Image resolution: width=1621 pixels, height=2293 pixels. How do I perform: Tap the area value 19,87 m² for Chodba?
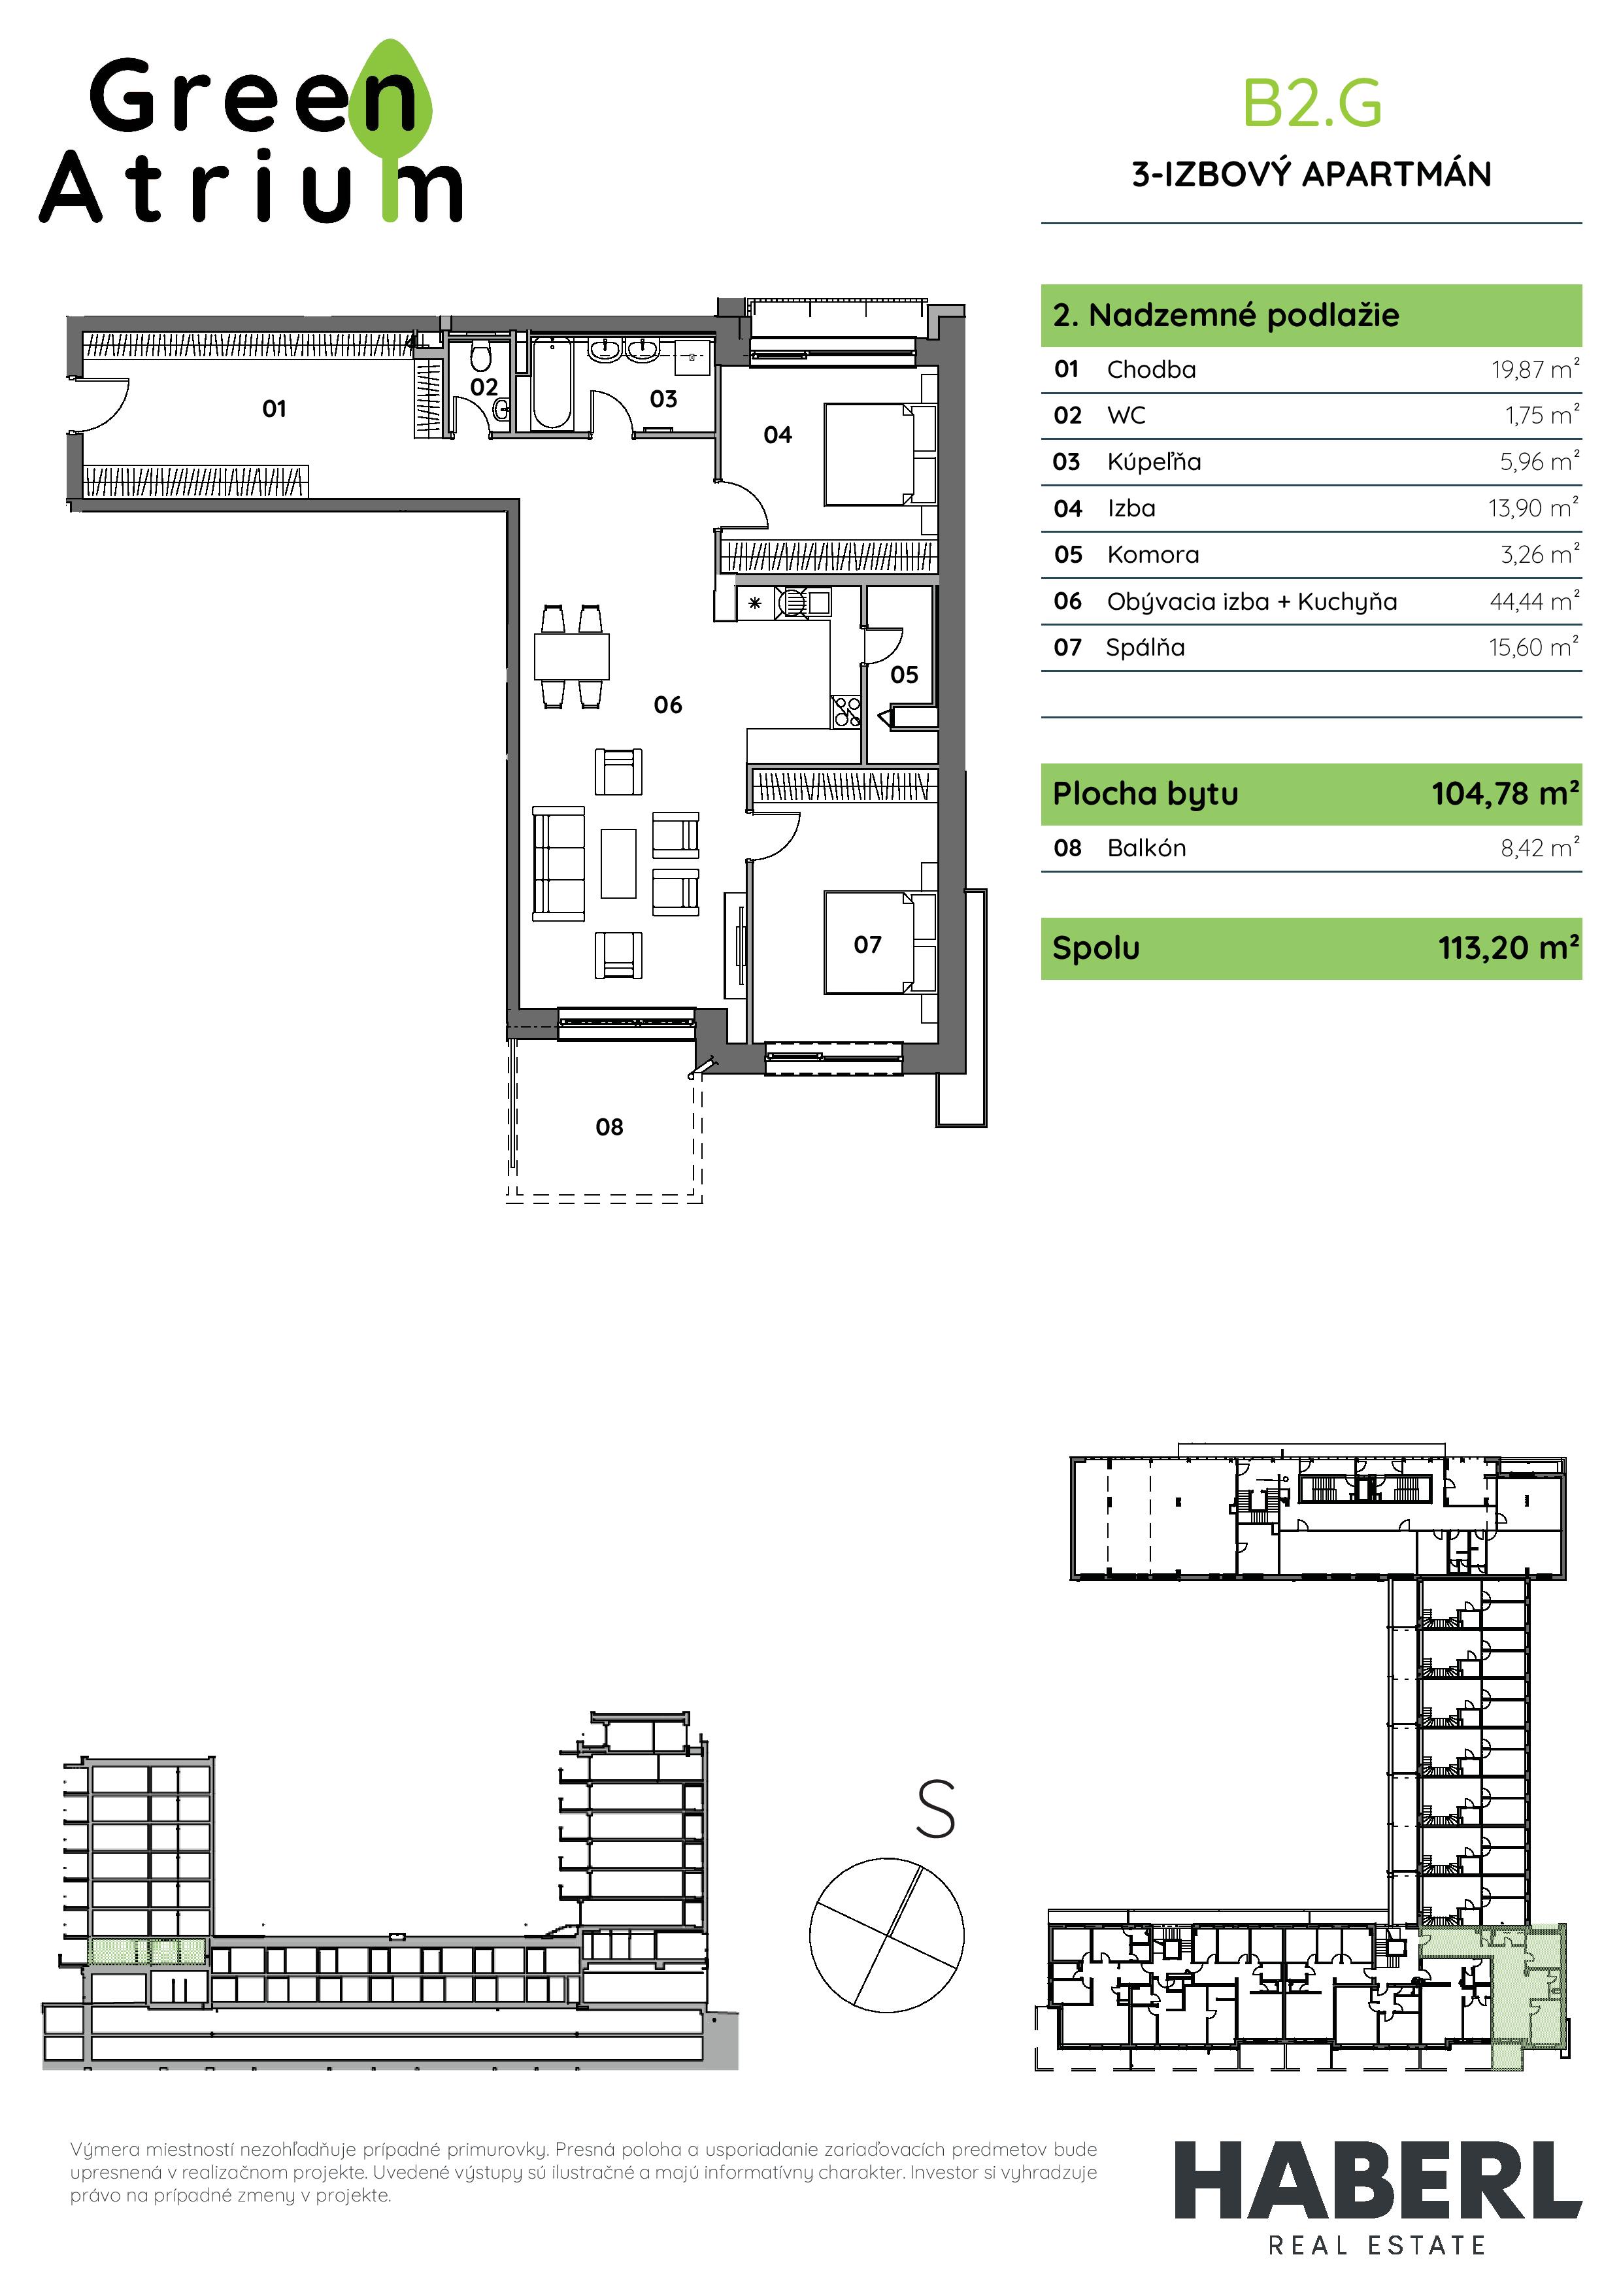[1535, 369]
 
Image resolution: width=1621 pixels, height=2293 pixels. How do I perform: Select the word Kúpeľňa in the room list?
[1154, 462]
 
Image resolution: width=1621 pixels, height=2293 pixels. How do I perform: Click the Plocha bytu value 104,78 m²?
[1505, 794]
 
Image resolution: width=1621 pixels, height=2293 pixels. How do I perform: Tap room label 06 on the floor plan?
[668, 705]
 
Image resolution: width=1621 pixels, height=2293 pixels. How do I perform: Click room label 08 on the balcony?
[609, 1128]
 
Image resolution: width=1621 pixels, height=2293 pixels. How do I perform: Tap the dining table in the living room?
[571, 656]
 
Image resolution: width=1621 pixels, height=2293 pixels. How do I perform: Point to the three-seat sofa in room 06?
[560, 864]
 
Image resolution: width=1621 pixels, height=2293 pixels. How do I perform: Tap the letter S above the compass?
[936, 1810]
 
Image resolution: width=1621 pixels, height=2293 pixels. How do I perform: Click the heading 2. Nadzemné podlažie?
[1226, 316]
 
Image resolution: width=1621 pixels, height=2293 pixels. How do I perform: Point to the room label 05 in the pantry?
[904, 675]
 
